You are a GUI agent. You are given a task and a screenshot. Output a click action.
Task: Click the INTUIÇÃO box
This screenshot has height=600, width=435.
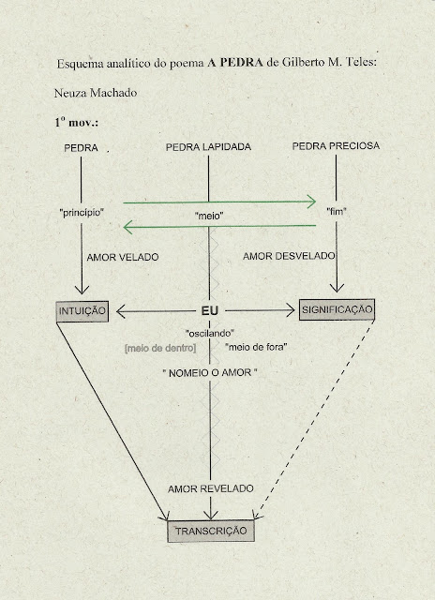(82, 311)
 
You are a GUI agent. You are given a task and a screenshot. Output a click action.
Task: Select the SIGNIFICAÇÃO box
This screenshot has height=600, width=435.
(337, 309)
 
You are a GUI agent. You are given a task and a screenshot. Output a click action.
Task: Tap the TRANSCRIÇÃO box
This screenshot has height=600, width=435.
(211, 531)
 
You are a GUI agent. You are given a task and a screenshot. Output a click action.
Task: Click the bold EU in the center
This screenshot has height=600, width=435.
(210, 310)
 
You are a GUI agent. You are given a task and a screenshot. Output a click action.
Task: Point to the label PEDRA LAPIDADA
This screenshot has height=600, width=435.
(208, 147)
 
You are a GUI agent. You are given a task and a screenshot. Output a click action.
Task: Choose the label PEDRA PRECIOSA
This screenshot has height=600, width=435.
(336, 146)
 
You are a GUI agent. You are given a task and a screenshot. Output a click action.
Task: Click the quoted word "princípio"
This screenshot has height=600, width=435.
(82, 213)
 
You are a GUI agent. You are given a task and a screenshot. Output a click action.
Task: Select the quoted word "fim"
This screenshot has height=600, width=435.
(337, 211)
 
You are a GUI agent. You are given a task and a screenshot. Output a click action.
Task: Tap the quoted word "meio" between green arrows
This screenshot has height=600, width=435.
(209, 217)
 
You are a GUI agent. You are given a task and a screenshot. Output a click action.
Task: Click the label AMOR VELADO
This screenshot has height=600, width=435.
(123, 257)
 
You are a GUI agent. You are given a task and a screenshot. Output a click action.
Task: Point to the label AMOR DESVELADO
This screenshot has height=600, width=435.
(289, 256)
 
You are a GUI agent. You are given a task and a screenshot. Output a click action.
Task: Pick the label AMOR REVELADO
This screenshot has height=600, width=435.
(210, 488)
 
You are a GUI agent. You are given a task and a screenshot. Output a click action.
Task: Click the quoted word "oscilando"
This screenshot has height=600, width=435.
(210, 334)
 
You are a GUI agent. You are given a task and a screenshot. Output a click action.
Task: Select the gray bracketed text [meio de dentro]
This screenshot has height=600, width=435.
(160, 348)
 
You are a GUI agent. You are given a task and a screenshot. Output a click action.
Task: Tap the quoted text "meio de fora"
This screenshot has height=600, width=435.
(256, 347)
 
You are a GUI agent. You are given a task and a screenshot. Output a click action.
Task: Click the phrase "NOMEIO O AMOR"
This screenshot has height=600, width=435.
(210, 373)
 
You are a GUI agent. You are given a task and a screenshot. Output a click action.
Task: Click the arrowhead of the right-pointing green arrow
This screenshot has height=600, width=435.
(311, 202)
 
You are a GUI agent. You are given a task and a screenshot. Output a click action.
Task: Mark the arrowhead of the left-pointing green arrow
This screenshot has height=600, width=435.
(127, 227)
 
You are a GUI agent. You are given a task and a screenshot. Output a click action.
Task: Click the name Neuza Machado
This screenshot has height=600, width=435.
(96, 93)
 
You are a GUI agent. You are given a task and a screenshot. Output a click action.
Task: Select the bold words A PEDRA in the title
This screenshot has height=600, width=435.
(235, 63)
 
